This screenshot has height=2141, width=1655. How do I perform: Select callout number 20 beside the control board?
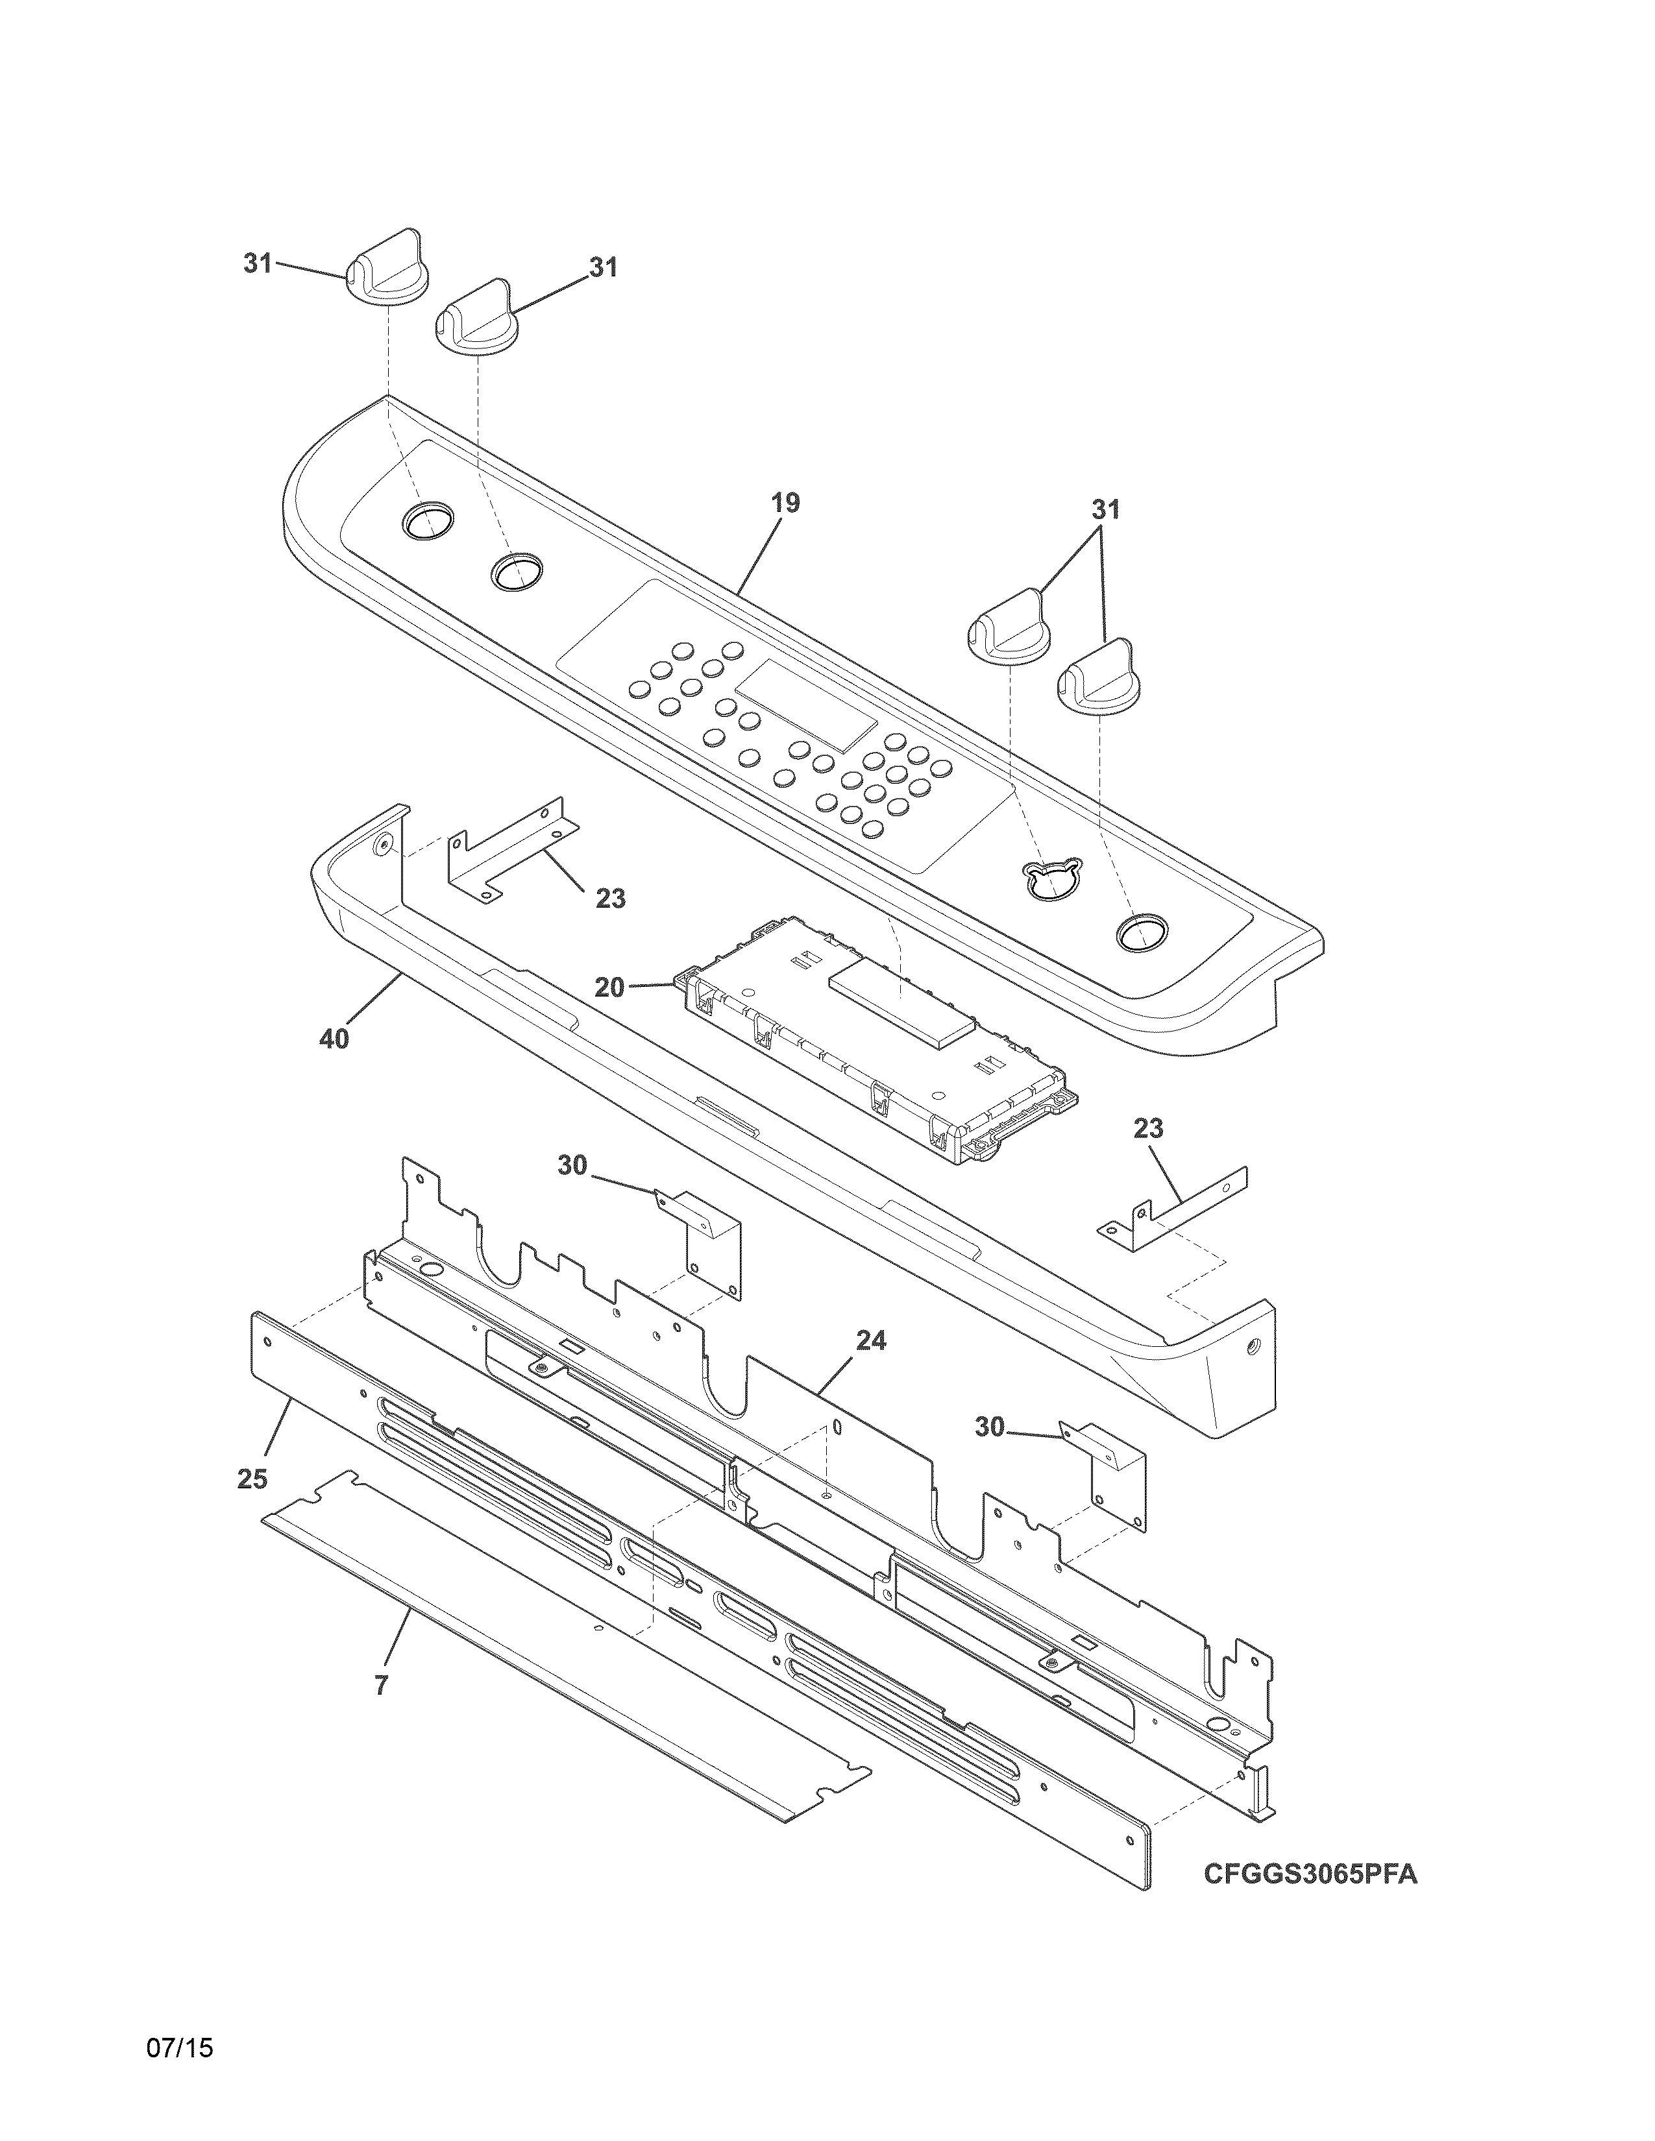pos(609,987)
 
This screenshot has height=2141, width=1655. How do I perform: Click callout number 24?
pos(870,1341)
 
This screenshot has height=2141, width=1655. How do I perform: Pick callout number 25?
pos(252,1479)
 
